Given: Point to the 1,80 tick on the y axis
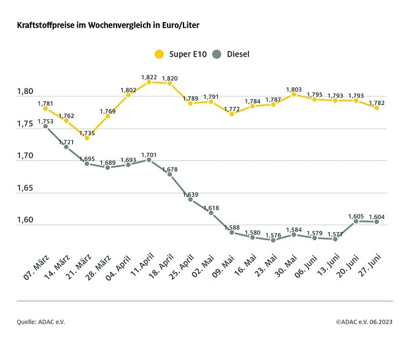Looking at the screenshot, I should click(25, 92).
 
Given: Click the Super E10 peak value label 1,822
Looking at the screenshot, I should click(149, 77).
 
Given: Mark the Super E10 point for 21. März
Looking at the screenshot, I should click(87, 138).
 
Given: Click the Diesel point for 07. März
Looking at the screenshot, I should click(45, 127).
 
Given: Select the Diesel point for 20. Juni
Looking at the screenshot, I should click(356, 221).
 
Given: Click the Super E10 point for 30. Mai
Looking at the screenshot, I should click(294, 95).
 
